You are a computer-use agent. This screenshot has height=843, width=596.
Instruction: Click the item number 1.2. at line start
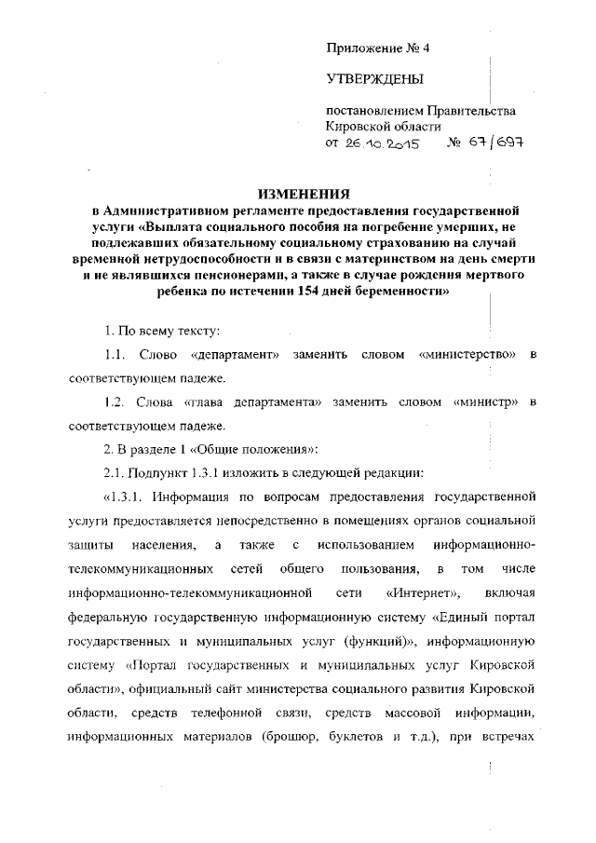(115, 401)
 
